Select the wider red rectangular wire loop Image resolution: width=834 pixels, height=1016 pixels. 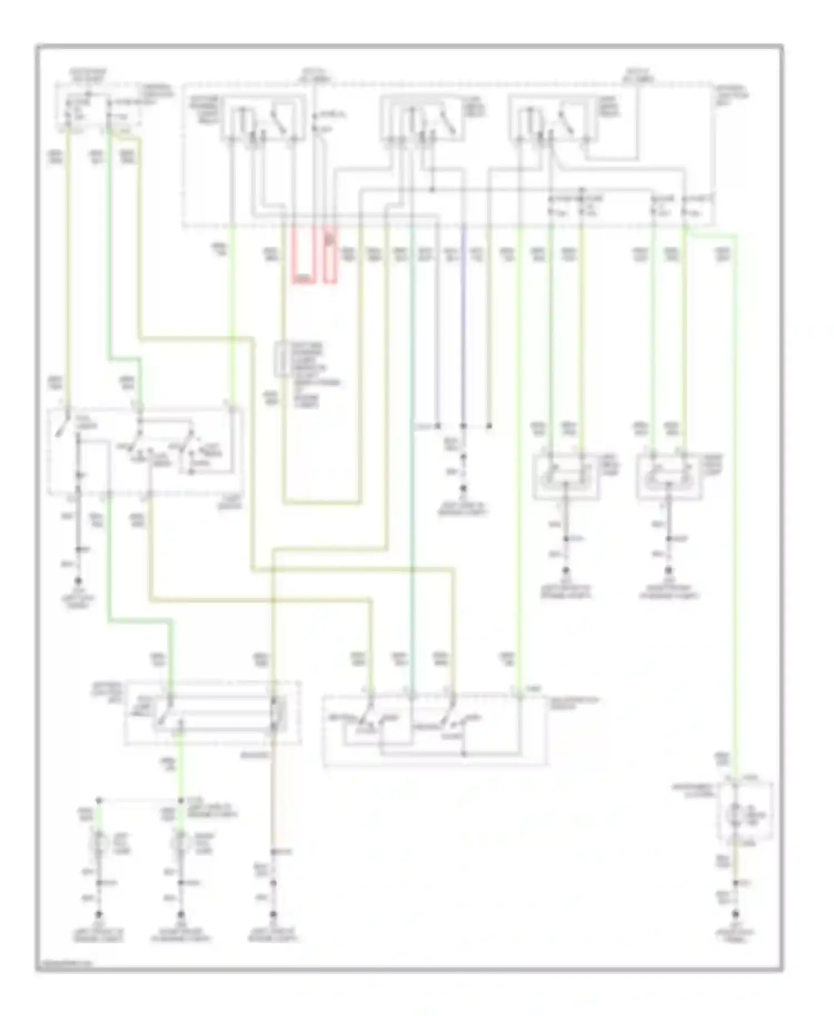coord(303,256)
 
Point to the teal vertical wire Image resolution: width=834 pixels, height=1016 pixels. coord(411,445)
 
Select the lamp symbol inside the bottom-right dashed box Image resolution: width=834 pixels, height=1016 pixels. coord(736,811)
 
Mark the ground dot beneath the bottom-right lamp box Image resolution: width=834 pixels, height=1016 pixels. coord(736,913)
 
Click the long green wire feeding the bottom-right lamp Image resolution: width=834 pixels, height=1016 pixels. coord(737,500)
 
